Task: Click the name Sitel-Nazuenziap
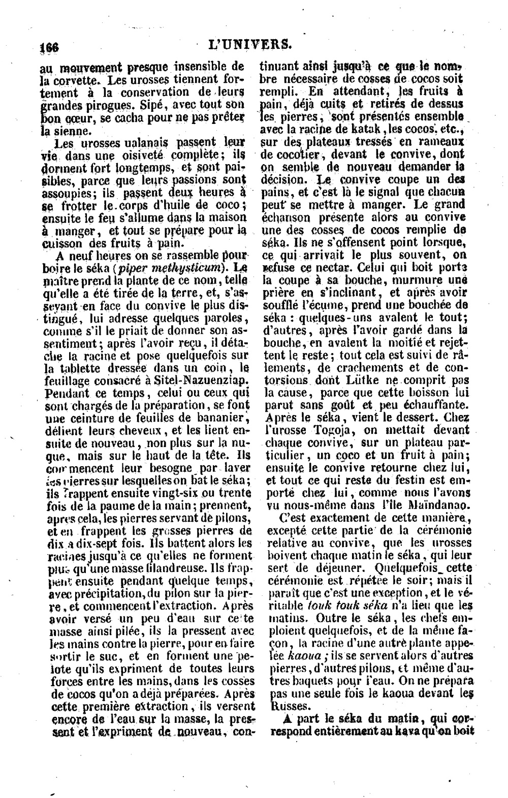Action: pyautogui.click(x=200, y=379)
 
